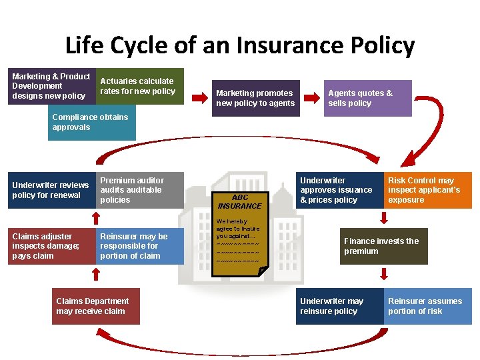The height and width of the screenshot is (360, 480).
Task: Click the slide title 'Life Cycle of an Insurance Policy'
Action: tap(240, 45)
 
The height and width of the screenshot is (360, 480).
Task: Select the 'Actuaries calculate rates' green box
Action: tap(139, 86)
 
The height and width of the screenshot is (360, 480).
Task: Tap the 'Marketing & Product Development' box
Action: tap(52, 86)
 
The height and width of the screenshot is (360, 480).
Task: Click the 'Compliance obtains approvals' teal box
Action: tap(93, 123)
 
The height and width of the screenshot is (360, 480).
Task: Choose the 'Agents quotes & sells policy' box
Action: tap(367, 98)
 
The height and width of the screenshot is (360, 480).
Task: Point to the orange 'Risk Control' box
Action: tap(427, 190)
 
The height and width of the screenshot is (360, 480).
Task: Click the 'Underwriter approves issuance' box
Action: tap(339, 190)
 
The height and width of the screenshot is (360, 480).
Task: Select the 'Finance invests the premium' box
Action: tap(383, 246)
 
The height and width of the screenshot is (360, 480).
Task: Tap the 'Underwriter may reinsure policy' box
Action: tap(339, 306)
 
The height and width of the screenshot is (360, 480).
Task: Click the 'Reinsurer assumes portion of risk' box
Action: tap(427, 306)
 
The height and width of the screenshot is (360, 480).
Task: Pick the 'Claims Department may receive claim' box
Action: tap(96, 306)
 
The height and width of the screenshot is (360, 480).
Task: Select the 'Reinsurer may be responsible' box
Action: tap(139, 246)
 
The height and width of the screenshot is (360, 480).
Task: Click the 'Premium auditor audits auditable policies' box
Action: tap(139, 190)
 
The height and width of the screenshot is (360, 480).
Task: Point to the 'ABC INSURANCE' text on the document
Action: tap(239, 201)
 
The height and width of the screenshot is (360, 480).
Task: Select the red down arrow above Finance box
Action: tap(383, 218)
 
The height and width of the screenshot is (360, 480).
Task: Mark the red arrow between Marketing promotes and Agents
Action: tap(310, 98)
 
